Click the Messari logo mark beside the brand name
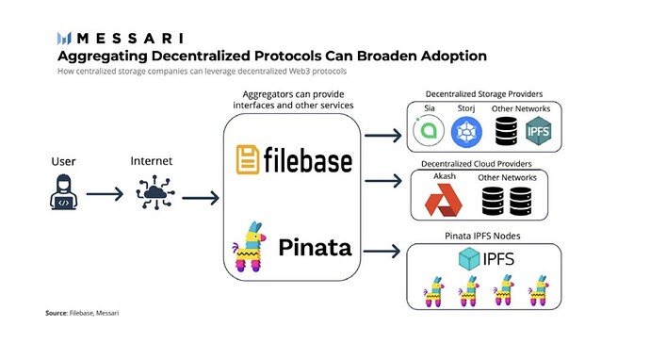coord(64,38)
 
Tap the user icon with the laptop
coord(63,192)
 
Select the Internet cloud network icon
coord(155,192)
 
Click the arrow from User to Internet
coord(105,194)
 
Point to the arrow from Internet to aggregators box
coord(201,197)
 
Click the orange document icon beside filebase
coord(248,159)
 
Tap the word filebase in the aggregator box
coord(308,159)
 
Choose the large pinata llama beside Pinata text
coord(249,247)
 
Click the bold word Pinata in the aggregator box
coord(315,248)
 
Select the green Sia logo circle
coord(429,131)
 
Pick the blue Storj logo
coord(466,132)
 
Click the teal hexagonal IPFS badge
coord(538,131)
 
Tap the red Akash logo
coord(443,201)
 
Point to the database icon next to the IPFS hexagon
coord(506,131)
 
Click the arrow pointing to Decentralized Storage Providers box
coord(383,135)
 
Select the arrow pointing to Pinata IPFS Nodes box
coord(382,251)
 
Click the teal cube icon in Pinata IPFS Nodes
coord(469,259)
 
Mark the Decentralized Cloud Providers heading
coord(477,164)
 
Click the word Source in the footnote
coord(56,313)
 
